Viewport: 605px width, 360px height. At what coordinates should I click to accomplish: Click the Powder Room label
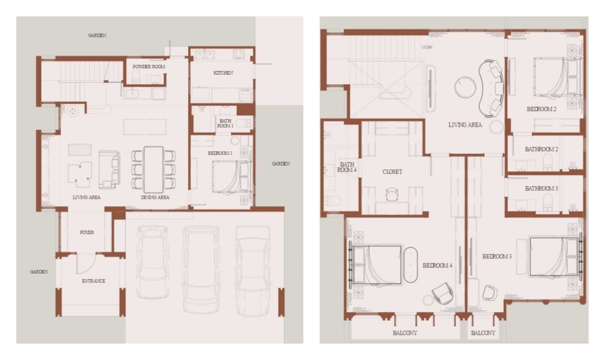click(x=149, y=67)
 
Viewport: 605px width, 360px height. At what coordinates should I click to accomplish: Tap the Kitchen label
click(x=223, y=73)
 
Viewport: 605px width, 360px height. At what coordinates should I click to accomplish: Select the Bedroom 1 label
click(x=220, y=153)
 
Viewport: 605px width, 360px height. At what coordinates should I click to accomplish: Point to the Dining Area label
click(x=155, y=198)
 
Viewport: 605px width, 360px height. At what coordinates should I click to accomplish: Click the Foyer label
click(x=87, y=232)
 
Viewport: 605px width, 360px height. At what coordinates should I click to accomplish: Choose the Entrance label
click(x=93, y=281)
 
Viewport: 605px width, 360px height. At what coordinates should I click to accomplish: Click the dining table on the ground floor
click(x=153, y=169)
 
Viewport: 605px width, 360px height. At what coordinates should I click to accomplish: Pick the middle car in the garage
click(x=201, y=270)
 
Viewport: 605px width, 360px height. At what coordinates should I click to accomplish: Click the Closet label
click(x=392, y=172)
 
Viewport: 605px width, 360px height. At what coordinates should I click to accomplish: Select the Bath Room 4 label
click(x=347, y=167)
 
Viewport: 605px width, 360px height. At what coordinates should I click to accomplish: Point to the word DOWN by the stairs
click(x=427, y=47)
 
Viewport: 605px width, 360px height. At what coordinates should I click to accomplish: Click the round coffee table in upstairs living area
click(x=465, y=87)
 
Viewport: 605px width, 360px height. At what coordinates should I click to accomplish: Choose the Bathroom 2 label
click(x=541, y=149)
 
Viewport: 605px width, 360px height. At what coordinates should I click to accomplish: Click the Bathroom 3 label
click(x=541, y=188)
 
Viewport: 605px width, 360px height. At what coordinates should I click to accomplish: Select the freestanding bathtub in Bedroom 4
click(x=410, y=265)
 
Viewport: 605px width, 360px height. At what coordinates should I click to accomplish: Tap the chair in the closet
click(x=392, y=194)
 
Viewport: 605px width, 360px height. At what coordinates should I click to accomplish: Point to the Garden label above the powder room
click(x=97, y=35)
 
